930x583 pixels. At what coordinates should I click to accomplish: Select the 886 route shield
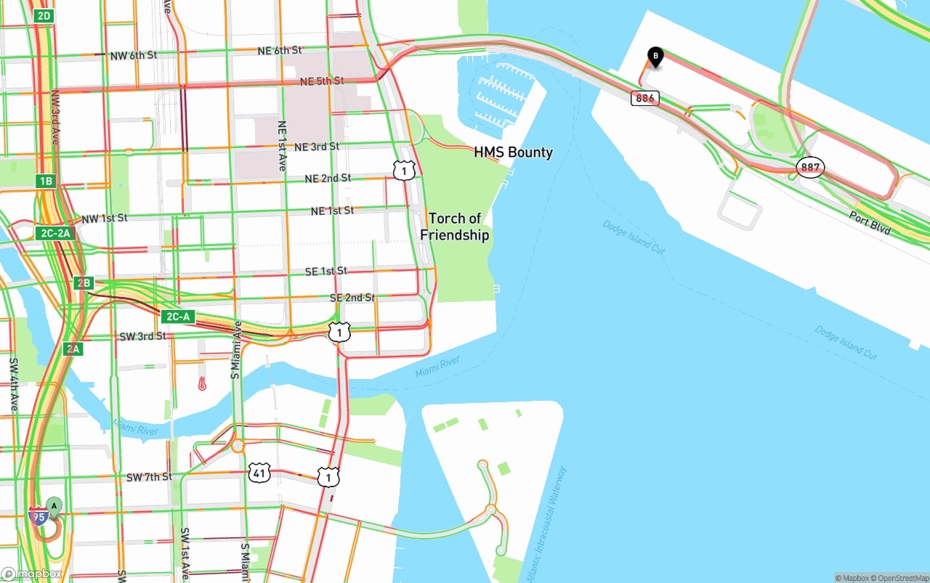point(644,97)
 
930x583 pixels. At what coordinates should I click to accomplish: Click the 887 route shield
point(810,168)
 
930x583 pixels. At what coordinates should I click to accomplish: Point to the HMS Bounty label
point(513,152)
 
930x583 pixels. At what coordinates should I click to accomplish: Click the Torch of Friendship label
point(455,227)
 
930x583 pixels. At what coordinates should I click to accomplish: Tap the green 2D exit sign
point(44,15)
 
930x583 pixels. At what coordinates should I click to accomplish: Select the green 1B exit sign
point(46,181)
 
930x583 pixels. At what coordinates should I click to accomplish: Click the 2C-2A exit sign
point(55,233)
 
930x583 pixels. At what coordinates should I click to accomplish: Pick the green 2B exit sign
point(84,282)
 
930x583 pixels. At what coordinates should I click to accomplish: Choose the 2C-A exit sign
point(178,317)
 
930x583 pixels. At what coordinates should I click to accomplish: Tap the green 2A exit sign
point(73,348)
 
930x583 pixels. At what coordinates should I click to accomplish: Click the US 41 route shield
point(259,473)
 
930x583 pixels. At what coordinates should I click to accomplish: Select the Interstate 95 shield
point(39,516)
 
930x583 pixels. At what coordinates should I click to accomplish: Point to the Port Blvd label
point(870,222)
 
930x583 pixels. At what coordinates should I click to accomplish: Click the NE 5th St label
point(320,81)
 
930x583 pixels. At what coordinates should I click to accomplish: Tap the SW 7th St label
point(149,477)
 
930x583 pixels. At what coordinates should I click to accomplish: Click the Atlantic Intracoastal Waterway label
point(544,523)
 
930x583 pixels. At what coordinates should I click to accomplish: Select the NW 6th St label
point(133,55)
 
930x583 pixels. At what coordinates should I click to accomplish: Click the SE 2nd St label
point(352,298)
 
